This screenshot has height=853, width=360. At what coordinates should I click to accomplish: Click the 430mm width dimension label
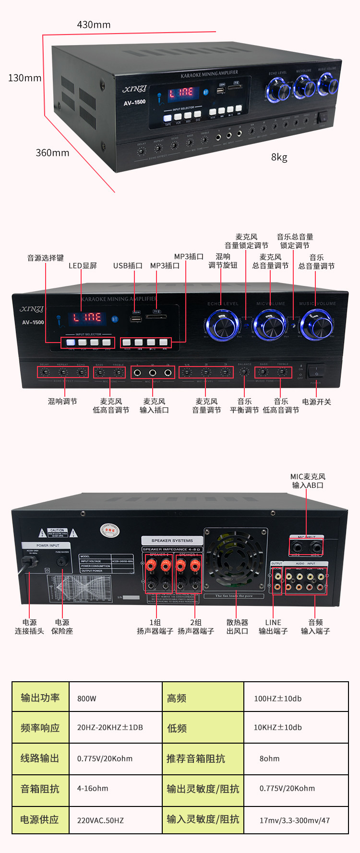94,24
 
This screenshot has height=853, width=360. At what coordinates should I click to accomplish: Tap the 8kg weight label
279,157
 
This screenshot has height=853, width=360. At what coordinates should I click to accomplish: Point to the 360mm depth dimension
52,153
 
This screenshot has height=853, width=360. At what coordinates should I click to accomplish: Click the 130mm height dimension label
24,78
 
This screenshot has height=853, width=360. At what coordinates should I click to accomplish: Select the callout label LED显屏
83,265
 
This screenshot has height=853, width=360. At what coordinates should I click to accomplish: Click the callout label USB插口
128,265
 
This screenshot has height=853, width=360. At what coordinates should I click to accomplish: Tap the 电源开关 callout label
316,402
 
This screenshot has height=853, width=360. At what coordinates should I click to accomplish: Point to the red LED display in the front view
87,318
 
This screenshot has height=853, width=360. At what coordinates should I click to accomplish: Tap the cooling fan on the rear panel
234,559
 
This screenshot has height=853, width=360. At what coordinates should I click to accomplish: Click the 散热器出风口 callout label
237,627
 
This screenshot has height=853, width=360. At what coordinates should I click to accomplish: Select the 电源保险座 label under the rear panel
62,627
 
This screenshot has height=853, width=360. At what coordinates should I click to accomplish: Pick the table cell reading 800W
87,699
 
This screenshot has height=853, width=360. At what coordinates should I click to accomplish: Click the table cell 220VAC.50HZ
100,820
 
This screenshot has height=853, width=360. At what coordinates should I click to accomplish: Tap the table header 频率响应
40,728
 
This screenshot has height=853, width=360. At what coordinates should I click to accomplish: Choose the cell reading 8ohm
269,758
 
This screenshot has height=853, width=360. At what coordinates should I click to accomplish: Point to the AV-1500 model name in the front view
33,322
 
